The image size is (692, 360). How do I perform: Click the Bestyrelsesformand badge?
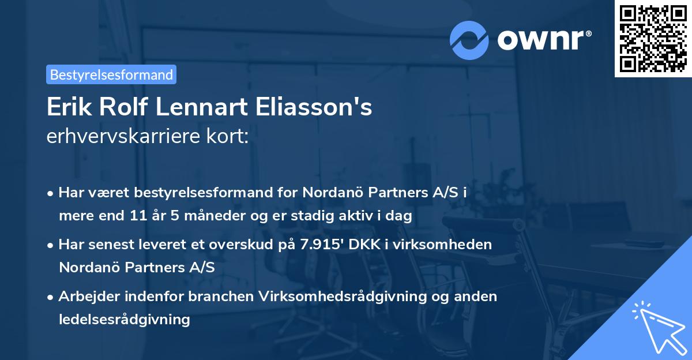(x=111, y=74)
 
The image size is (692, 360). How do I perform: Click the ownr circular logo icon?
(x=469, y=39)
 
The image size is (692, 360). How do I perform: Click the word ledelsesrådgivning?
(x=124, y=319)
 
